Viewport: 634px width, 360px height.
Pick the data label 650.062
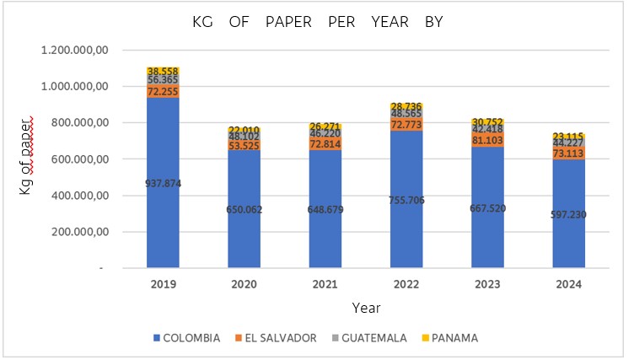pyautogui.click(x=244, y=209)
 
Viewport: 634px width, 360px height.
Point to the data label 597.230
pyautogui.click(x=568, y=214)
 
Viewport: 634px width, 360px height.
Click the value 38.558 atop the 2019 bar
pyautogui.click(x=163, y=72)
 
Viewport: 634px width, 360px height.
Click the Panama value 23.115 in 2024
pyautogui.click(x=568, y=136)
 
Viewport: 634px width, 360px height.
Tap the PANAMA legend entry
pyautogui.click(x=452, y=338)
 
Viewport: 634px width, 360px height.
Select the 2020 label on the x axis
pyautogui.click(x=244, y=285)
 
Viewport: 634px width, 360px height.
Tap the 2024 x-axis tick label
pyautogui.click(x=568, y=285)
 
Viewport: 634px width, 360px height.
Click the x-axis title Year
pyautogui.click(x=364, y=309)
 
